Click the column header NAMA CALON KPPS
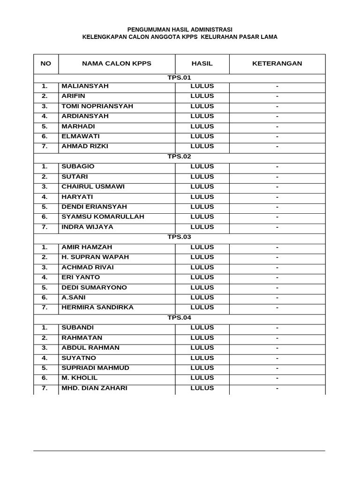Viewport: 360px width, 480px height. pos(117,64)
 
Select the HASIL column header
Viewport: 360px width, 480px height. pos(202,64)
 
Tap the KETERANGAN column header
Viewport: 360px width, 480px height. pos(277,64)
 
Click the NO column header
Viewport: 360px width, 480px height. pos(46,64)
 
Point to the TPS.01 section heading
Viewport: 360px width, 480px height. pos(179,78)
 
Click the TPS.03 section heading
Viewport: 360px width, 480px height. pos(179,237)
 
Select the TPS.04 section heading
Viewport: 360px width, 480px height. pos(179,318)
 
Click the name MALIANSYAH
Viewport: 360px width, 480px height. pos(85,86)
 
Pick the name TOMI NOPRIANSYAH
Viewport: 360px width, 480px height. pos(97,106)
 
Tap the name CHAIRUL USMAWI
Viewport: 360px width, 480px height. pos(93,187)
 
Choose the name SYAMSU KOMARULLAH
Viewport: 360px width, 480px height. pos(103,217)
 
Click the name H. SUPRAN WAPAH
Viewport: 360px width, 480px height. pos(95,257)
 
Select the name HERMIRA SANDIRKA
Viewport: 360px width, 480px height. pos(97,307)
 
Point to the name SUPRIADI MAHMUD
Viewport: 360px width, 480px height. pos(95,368)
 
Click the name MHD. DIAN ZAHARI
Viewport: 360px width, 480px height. pos(94,388)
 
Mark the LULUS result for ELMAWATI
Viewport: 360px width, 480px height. pos(202,136)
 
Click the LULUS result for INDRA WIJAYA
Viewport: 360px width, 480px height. pos(202,227)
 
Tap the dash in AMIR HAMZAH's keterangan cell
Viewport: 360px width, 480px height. pos(277,247)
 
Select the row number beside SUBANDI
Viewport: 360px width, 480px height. pos(45,328)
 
